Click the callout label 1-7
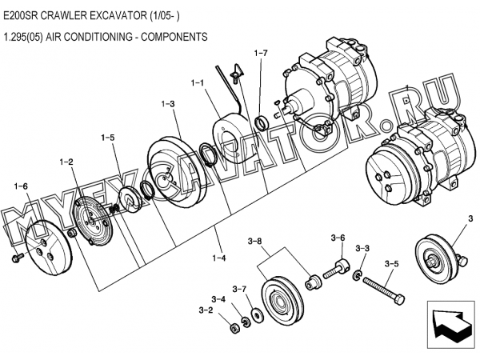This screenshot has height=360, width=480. (261, 54)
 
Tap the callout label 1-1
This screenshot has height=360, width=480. (197, 83)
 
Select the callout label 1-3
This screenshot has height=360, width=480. (168, 104)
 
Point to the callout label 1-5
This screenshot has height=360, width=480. (108, 138)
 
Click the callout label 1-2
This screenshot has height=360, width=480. (66, 162)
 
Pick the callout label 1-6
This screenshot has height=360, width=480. (21, 186)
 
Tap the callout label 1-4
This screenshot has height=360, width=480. (219, 258)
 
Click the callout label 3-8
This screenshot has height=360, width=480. (254, 242)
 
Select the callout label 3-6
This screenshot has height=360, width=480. (338, 238)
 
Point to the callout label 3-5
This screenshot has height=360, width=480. (392, 263)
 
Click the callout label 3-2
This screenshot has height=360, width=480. (206, 310)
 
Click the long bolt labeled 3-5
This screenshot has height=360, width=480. (384, 289)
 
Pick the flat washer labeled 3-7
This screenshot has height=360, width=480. (257, 315)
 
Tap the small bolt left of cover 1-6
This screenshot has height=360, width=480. (18, 257)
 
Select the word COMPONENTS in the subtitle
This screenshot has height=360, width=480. (174, 37)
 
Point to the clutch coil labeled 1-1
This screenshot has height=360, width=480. (232, 138)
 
